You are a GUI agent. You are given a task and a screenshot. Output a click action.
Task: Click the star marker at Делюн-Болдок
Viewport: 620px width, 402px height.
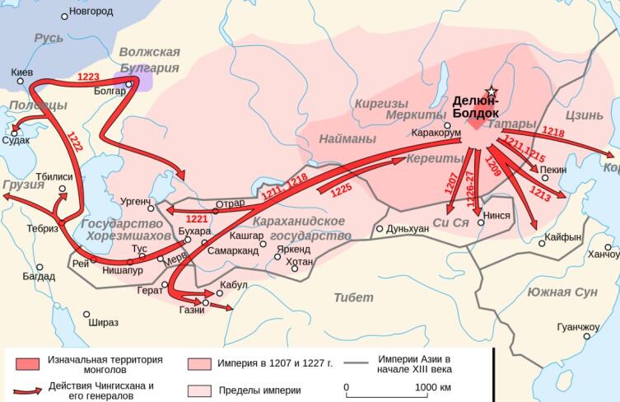tap(492, 91)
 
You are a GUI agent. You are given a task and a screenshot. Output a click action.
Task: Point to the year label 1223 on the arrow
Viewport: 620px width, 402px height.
tap(88, 77)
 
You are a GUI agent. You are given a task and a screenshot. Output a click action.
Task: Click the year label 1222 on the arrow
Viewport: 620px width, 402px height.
tap(75, 142)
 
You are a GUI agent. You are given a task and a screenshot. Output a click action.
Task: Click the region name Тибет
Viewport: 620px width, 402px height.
tap(354, 297)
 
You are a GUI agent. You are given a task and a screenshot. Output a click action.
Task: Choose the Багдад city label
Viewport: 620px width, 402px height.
tap(39, 278)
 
